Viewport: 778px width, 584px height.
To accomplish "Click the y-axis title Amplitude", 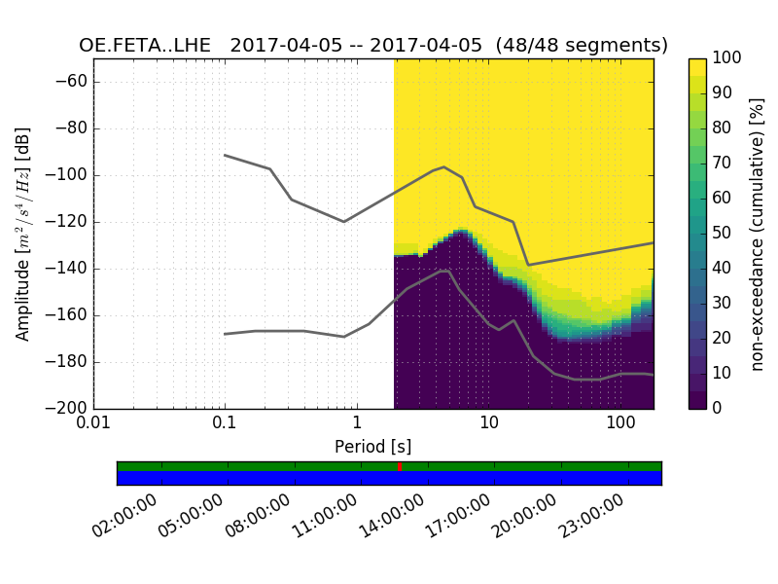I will click(x=22, y=234).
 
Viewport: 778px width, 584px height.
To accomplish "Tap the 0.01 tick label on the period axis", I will click(x=93, y=425).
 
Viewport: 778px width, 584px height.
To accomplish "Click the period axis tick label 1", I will click(x=357, y=425).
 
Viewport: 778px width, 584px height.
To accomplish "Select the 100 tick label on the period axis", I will click(x=620, y=425).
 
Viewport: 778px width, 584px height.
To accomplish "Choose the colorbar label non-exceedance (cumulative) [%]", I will click(x=759, y=234).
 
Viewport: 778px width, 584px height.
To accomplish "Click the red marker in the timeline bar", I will click(x=400, y=467).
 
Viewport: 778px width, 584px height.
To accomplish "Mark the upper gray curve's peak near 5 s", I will click(x=444, y=166).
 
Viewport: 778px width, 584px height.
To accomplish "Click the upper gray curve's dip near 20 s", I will click(x=528, y=265).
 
